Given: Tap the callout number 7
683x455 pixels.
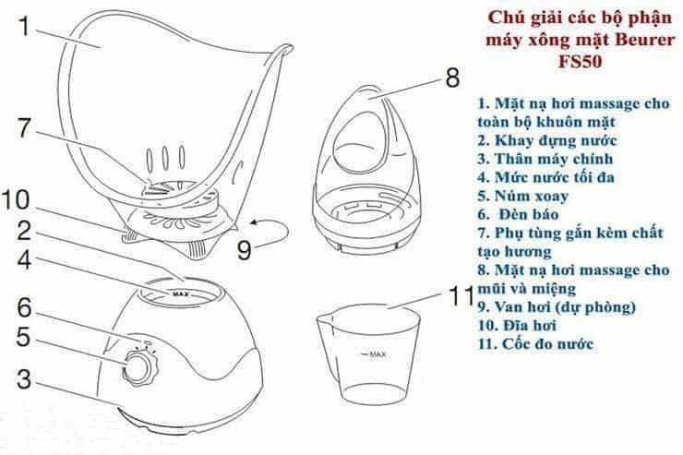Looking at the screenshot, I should pyautogui.click(x=29, y=128).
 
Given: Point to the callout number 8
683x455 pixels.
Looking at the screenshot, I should pyautogui.click(x=451, y=78).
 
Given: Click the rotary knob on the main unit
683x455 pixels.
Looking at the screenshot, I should pyautogui.click(x=138, y=367).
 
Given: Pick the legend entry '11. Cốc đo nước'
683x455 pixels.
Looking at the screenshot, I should pyautogui.click(x=537, y=344).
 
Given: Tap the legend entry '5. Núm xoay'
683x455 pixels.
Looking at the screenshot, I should pyautogui.click(x=521, y=195).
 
